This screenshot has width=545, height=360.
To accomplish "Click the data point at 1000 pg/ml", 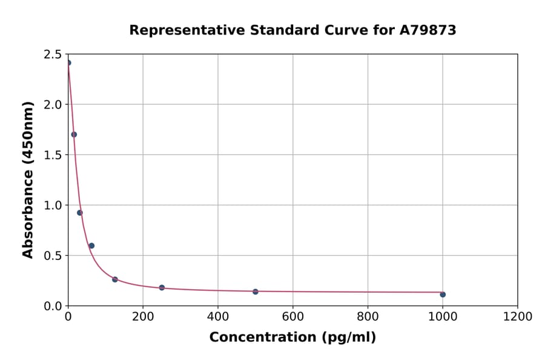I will (x=443, y=295).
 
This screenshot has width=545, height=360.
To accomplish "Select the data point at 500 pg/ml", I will (x=256, y=292).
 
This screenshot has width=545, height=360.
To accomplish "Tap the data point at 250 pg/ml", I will (x=162, y=287).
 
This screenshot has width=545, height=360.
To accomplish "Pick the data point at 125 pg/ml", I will (x=115, y=279).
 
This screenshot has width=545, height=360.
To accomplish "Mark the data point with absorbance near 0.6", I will (x=91, y=245).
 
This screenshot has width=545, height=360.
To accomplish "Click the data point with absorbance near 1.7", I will (x=74, y=135).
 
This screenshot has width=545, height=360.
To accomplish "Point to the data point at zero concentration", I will (x=68, y=63).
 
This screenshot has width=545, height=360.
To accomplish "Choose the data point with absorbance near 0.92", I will (x=80, y=213).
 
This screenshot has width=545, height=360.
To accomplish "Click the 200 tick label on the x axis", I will (x=143, y=316).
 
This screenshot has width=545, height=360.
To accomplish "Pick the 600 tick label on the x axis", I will (x=293, y=316).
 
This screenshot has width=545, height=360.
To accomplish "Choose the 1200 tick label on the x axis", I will (x=518, y=316).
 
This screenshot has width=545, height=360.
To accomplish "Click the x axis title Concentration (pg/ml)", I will (x=292, y=338).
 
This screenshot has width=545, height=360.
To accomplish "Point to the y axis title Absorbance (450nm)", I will (x=28, y=179).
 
